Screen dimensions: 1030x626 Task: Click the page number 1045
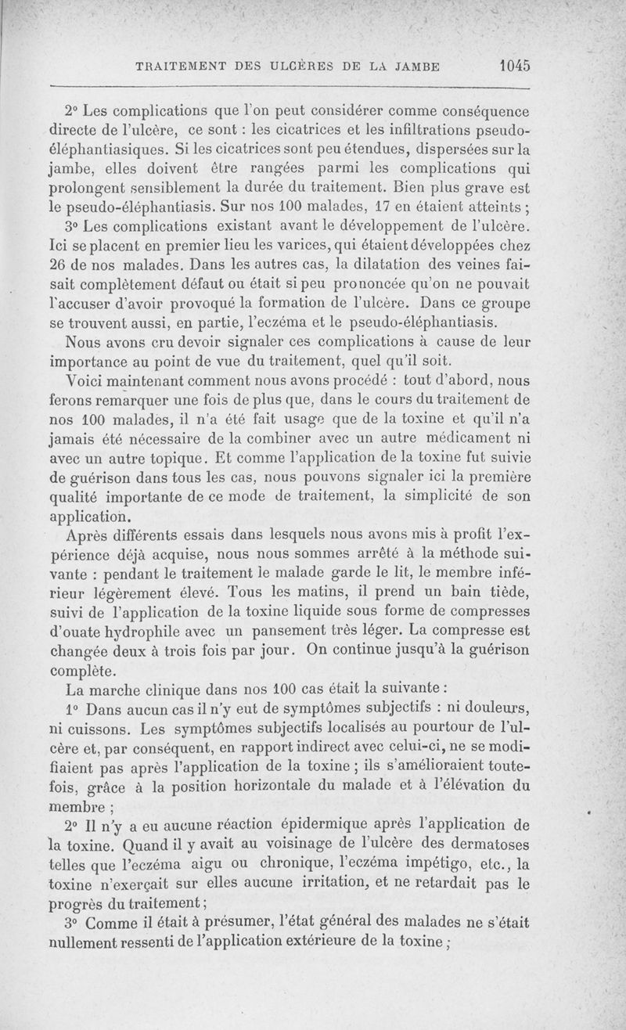pyautogui.click(x=513, y=67)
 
